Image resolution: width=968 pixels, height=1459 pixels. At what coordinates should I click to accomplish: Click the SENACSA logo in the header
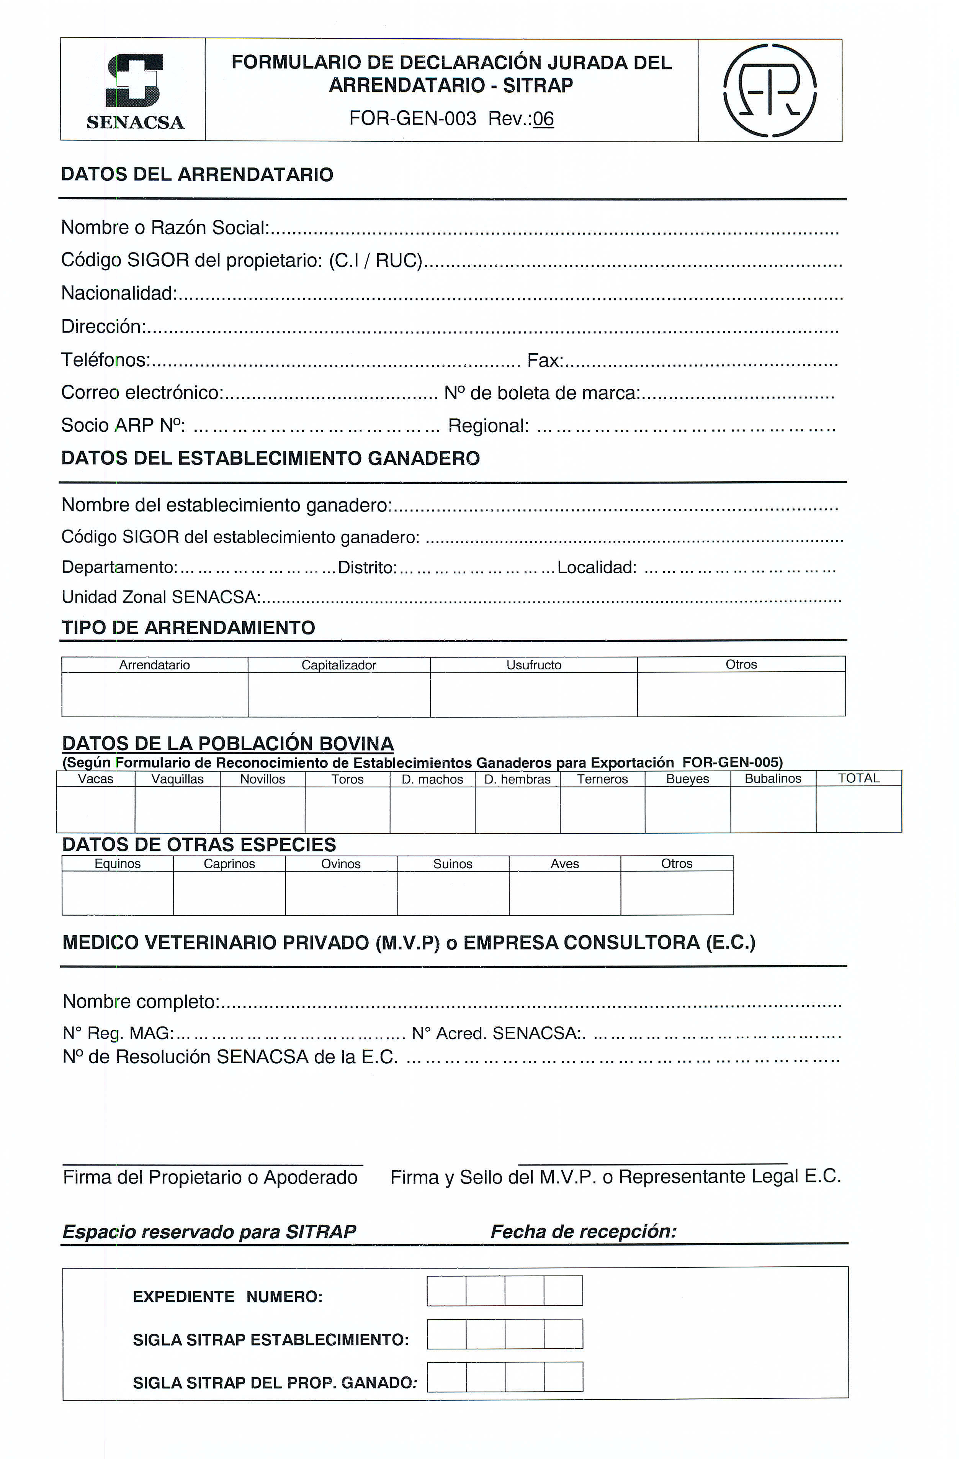coord(134,92)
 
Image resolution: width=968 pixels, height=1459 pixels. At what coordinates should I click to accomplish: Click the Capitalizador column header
coord(338,665)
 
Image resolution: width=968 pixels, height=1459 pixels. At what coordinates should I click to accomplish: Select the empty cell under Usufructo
coord(533,694)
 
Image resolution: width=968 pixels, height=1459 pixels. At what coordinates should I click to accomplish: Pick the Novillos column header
coord(262,779)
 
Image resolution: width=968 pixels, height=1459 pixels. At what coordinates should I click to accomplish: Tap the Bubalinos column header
coord(773,778)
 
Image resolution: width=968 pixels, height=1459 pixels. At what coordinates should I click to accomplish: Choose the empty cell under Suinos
coord(453,893)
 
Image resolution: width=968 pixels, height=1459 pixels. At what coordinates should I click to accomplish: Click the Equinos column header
coord(117,864)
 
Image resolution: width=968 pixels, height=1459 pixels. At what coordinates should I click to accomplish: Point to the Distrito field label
coord(367,567)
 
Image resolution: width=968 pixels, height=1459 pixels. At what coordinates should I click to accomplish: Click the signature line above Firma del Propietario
coord(213,1165)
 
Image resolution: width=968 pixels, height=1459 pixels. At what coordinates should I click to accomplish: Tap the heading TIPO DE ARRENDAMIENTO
coord(188,628)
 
